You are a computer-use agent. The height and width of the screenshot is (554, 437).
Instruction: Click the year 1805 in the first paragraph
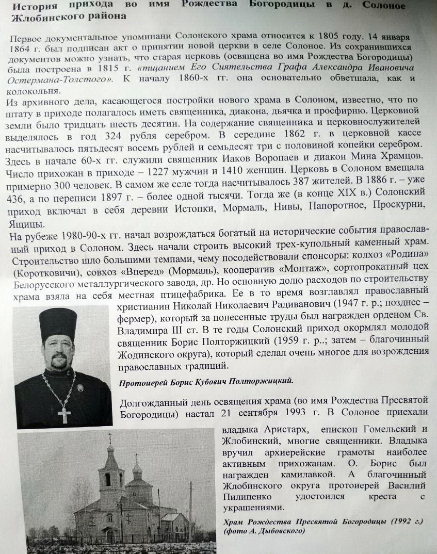pos(317,38)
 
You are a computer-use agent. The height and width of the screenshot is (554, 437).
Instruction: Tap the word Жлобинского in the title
pos(44,17)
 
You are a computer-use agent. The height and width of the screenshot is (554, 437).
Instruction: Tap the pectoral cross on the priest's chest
pos(64,414)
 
